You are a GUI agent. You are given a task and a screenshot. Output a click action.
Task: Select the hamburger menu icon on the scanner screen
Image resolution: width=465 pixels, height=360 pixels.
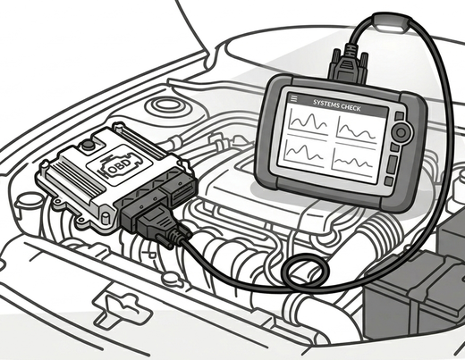[x=294, y=98]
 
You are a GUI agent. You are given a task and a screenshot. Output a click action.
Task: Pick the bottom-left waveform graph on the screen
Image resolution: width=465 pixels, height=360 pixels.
[x=303, y=151]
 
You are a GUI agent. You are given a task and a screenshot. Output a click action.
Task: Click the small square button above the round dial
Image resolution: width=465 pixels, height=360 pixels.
[x=400, y=116]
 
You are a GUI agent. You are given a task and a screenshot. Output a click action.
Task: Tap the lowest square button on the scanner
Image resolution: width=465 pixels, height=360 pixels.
[x=389, y=180]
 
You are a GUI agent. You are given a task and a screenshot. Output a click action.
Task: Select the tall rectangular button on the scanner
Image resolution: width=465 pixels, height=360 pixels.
[x=392, y=163]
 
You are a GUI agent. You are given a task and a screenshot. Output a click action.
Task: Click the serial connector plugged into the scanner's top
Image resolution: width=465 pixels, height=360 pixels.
[x=347, y=63]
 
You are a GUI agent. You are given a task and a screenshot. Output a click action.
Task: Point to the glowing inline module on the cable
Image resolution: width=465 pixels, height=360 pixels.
[x=392, y=21]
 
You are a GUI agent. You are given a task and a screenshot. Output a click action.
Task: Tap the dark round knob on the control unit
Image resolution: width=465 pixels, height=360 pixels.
[x=88, y=144]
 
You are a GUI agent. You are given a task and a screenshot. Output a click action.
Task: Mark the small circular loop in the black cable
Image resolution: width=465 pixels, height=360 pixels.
[x=305, y=271]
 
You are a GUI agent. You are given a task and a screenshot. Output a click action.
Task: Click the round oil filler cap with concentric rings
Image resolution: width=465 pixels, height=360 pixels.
[x=166, y=106]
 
